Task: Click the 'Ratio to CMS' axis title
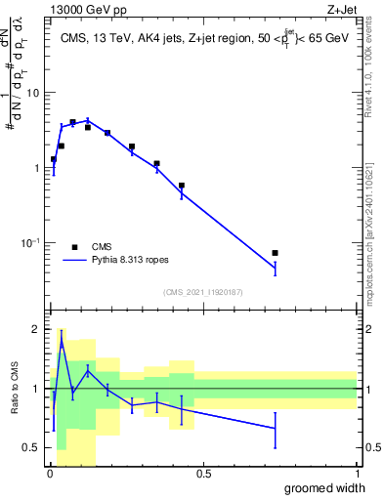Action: point(16,389)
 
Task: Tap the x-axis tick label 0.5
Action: point(203,474)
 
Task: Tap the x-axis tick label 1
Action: point(357,474)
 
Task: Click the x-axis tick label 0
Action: point(50,474)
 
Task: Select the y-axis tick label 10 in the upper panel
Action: point(32,93)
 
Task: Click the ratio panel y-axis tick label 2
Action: point(36,330)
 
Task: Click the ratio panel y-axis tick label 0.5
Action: point(32,448)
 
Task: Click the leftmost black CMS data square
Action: point(54,159)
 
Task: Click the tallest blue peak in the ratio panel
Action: point(62,342)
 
